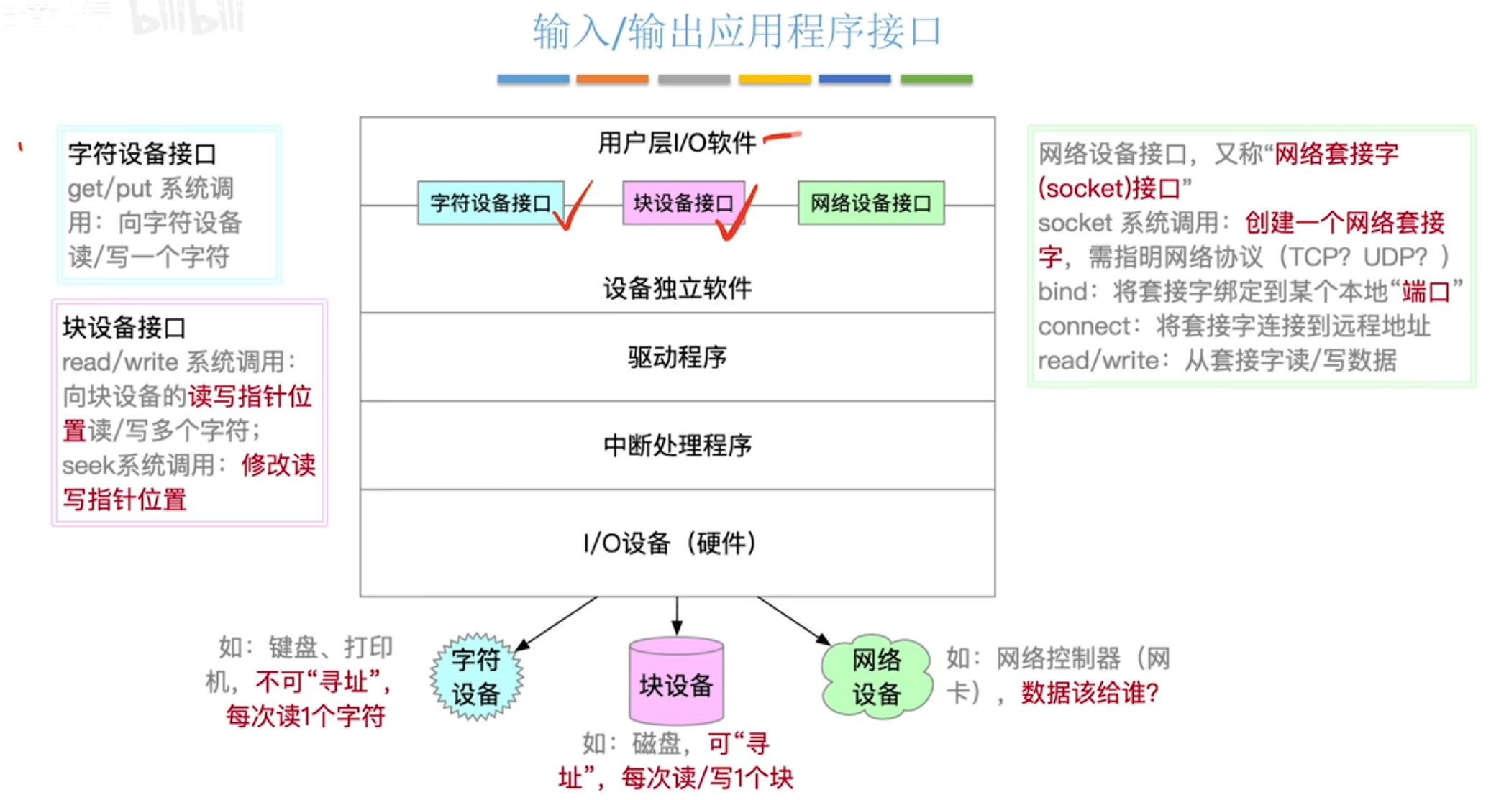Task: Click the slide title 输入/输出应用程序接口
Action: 737,32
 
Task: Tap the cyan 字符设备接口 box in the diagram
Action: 490,203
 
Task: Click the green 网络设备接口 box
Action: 870,203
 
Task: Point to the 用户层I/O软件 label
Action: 676,142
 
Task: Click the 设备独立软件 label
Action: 677,288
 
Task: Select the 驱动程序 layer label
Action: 677,357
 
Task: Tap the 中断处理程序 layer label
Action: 677,446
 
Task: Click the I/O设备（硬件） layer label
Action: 670,543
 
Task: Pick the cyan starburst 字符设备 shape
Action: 476,677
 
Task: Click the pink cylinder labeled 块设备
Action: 676,683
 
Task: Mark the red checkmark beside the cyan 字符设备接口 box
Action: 575,207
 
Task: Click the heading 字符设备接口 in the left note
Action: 142,154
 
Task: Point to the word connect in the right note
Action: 1084,326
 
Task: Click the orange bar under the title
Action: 612,79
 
